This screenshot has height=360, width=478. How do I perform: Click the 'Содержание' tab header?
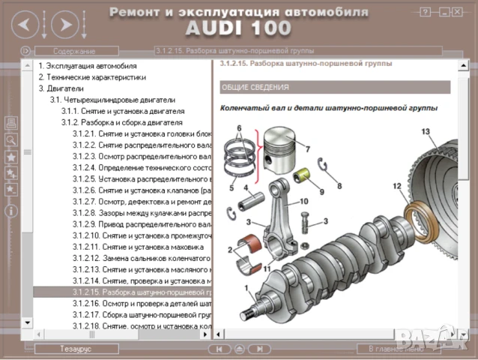(74, 51)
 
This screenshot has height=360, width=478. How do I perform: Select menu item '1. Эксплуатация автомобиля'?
(87, 65)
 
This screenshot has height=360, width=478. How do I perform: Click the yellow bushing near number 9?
(305, 178)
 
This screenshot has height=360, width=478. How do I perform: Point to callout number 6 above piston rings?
(238, 128)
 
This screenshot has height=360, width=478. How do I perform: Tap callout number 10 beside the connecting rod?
(303, 201)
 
